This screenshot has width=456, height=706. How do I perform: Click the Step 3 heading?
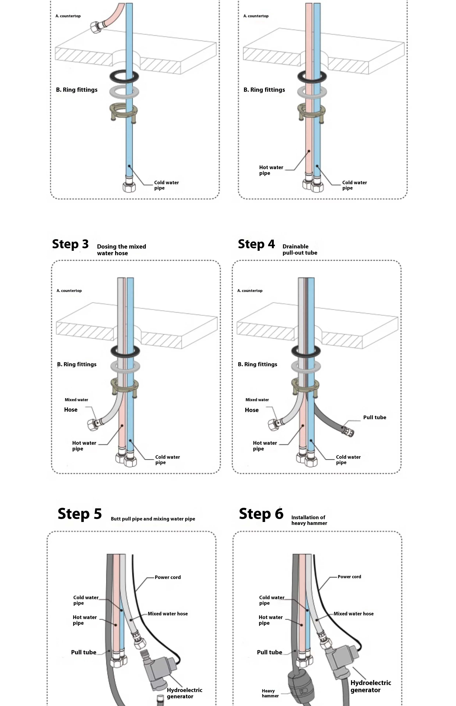click(70, 244)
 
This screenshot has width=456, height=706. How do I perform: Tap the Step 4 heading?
click(256, 244)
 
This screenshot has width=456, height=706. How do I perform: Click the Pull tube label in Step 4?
click(375, 417)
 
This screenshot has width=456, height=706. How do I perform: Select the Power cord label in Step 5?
click(168, 577)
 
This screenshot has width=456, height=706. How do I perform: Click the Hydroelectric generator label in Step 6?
click(370, 686)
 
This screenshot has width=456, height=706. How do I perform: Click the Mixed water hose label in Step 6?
click(354, 614)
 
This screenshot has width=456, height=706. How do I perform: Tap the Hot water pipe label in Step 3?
click(84, 446)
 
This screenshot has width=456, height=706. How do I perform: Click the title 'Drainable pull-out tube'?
click(300, 249)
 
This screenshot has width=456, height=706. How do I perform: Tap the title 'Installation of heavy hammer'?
click(309, 520)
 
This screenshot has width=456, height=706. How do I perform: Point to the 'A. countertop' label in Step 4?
click(250, 291)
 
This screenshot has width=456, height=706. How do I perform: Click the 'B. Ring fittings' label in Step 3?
click(77, 364)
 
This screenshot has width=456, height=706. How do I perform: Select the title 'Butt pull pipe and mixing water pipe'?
click(153, 519)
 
